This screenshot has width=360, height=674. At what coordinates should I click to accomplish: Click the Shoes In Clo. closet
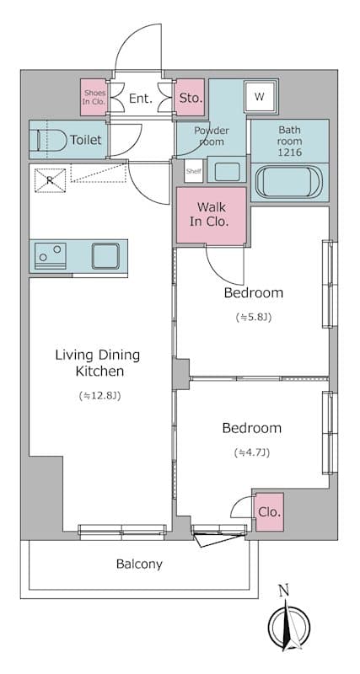(x=93, y=96)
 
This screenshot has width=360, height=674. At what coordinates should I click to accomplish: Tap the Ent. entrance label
(x=140, y=99)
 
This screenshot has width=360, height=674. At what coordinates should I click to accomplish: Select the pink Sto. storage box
(x=191, y=99)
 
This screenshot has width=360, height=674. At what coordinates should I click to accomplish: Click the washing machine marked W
(x=260, y=97)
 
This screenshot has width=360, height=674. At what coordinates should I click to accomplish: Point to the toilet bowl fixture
(x=52, y=140)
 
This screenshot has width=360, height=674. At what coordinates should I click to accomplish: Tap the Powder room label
(x=212, y=136)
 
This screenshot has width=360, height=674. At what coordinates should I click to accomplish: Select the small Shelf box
(x=193, y=171)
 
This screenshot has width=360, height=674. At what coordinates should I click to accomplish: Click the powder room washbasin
(x=227, y=171)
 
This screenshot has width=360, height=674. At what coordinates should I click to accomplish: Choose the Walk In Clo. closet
(x=211, y=215)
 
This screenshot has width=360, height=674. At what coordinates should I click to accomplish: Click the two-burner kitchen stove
(x=49, y=255)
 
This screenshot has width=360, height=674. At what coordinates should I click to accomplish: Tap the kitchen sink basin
(x=107, y=255)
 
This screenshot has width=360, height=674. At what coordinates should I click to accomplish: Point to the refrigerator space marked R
(x=50, y=179)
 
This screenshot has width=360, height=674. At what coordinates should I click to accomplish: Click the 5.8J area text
(x=253, y=318)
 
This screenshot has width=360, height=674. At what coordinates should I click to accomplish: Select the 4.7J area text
(x=252, y=452)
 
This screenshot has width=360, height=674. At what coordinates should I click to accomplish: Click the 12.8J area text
(x=97, y=394)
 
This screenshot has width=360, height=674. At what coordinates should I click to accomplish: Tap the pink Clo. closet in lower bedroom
(x=269, y=511)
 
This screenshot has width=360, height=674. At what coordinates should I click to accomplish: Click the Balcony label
(x=139, y=564)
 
